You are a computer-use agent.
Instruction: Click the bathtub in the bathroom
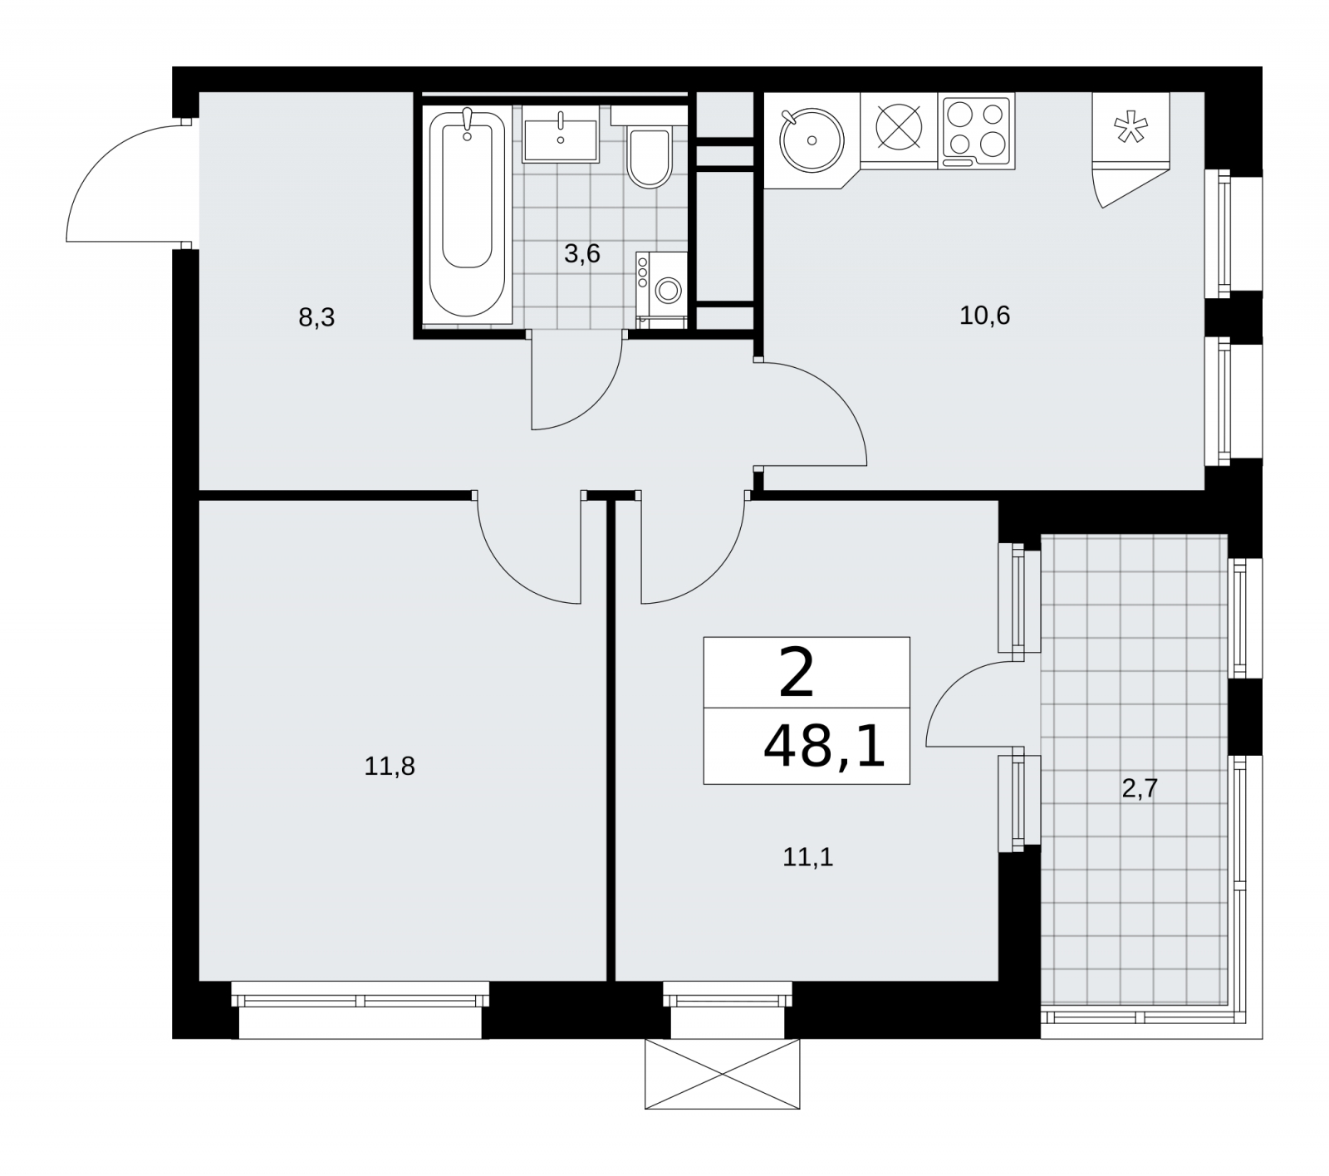[467, 214]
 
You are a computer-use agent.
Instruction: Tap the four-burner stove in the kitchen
[977, 132]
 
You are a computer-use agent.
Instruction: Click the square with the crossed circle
[900, 131]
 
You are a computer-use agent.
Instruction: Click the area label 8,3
[316, 317]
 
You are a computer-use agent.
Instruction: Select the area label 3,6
[581, 253]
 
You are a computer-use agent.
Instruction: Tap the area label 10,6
[984, 316]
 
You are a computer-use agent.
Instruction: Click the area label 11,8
[390, 766]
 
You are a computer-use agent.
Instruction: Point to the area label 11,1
[807, 856]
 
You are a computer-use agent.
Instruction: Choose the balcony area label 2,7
[1140, 788]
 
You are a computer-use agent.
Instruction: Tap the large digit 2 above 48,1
[797, 674]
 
